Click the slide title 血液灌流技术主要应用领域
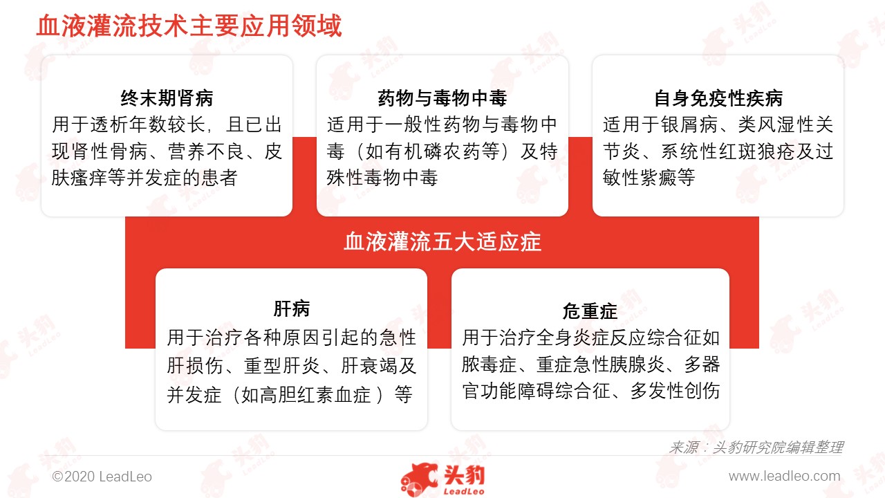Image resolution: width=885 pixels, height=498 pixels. [x=189, y=26]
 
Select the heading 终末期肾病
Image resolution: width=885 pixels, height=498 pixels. [x=167, y=98]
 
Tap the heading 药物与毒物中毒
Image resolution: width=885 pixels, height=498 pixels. [x=442, y=98]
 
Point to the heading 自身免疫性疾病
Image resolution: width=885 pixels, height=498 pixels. [x=718, y=98]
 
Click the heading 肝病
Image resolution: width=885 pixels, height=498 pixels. [x=292, y=308]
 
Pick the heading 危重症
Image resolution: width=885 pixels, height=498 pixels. [x=590, y=311]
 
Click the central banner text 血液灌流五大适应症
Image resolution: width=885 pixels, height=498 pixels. [x=442, y=242]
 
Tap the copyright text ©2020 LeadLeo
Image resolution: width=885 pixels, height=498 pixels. [x=102, y=477]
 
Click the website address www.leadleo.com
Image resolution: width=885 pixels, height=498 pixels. [x=784, y=477]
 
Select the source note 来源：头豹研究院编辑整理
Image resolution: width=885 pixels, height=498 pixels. [x=756, y=448]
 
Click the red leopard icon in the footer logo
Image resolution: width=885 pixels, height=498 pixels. [x=419, y=480]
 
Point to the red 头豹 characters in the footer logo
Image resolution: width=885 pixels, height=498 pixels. [x=464, y=475]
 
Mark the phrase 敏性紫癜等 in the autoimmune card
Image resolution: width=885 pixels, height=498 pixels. [x=649, y=178]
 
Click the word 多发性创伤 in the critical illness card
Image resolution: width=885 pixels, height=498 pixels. [x=674, y=391]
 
